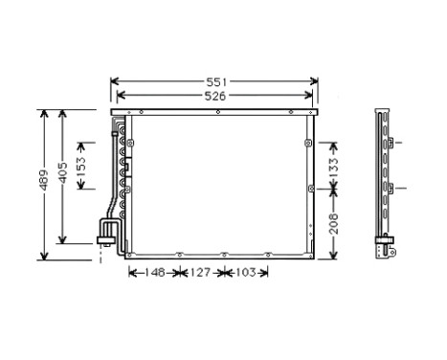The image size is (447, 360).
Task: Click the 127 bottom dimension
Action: (198, 273)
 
